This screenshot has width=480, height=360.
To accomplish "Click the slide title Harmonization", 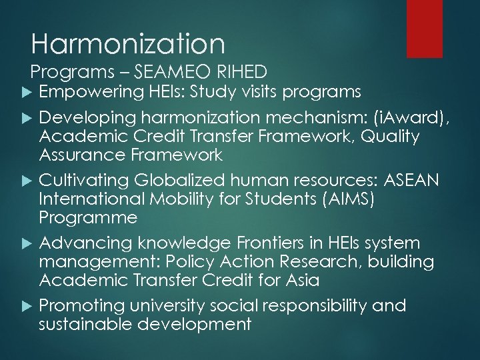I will (128, 44).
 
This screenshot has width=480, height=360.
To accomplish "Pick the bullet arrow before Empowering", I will (25, 91).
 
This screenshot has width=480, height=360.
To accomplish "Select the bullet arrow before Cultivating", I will (25, 180).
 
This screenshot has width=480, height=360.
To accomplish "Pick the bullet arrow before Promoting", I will (25, 306).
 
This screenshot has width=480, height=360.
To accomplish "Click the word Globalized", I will (177, 180).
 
